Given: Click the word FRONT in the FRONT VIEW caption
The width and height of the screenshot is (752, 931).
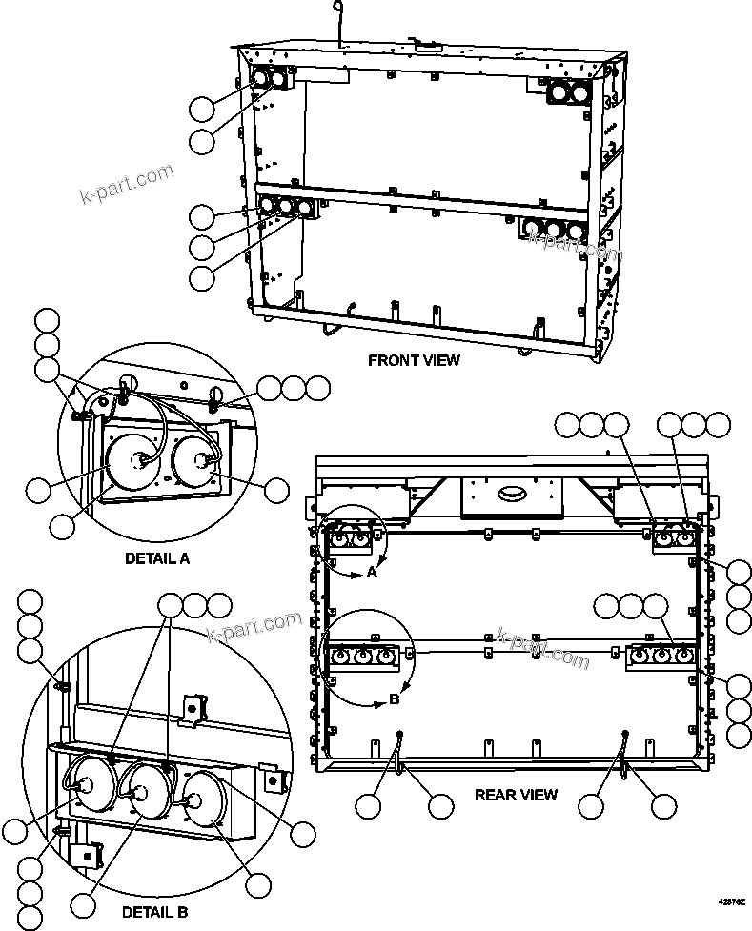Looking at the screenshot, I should tap(389, 360).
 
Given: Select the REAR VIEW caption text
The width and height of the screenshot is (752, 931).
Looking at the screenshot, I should tap(516, 795).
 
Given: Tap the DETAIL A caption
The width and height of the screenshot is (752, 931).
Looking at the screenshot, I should tap(157, 558).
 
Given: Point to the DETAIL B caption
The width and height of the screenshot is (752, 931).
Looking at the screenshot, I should tap(154, 912).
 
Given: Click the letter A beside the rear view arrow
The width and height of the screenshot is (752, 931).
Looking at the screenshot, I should tap(372, 573).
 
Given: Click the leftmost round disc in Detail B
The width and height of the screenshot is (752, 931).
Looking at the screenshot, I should tap(85, 784).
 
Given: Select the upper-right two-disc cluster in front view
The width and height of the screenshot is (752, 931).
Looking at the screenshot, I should tap(567, 91).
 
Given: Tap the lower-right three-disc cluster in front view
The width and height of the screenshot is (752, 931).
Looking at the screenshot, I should tap(552, 229).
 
